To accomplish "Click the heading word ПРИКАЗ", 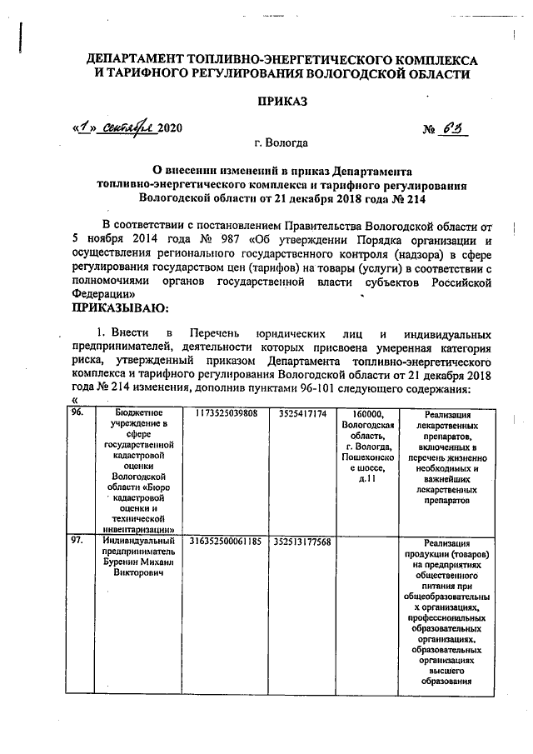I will (x=282, y=102).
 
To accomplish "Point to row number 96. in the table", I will (x=78, y=413).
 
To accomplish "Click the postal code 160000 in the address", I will (x=366, y=413).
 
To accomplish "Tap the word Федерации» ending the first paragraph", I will (x=100, y=294).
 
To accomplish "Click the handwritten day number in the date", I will (x=84, y=127).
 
